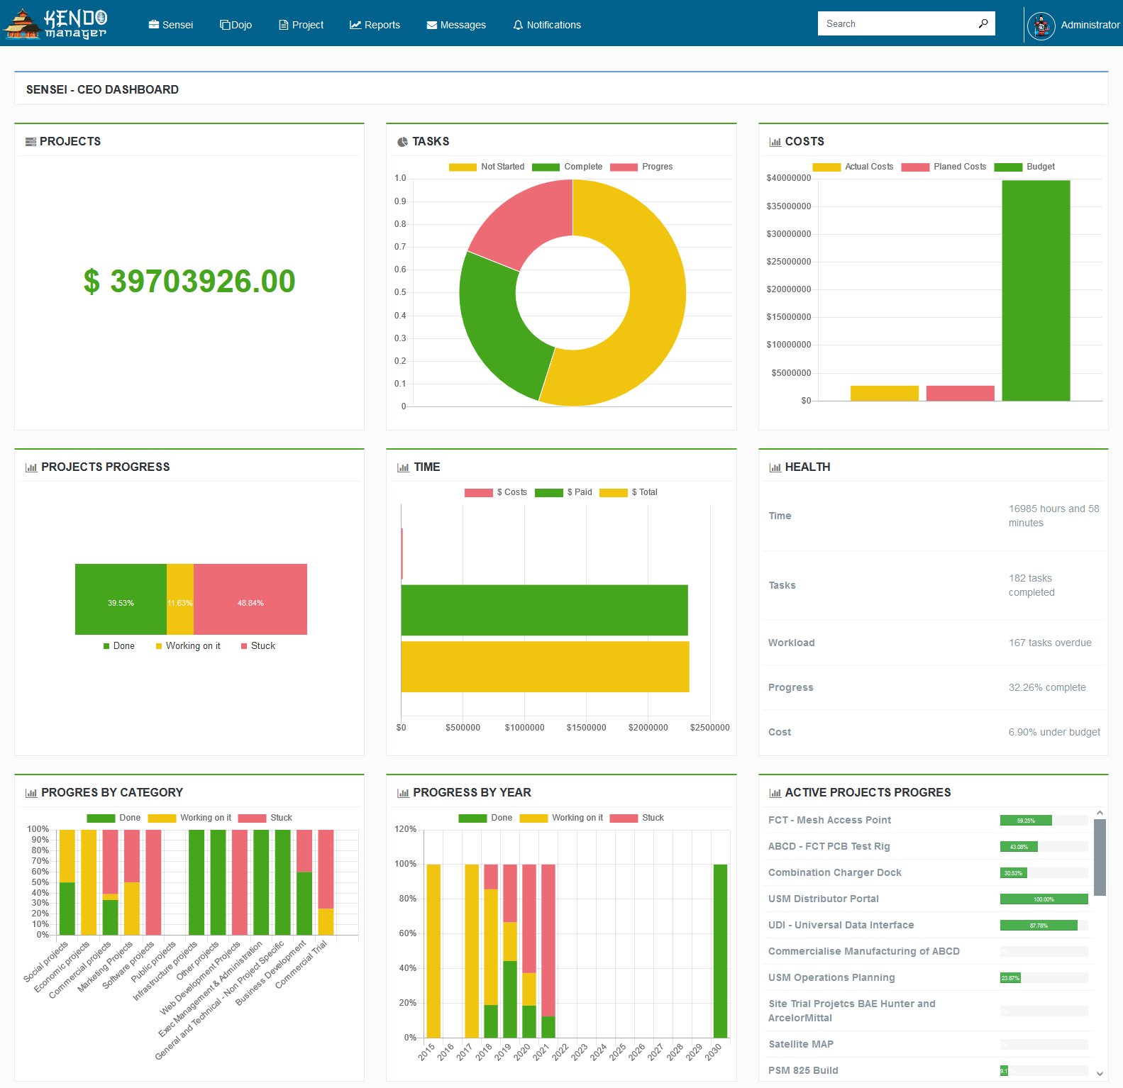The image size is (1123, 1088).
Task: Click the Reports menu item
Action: pos(375,25)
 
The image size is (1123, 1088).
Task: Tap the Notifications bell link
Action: pos(546,25)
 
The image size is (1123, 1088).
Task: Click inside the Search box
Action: pos(897,23)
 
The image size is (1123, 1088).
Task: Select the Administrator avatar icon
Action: pos(1041,26)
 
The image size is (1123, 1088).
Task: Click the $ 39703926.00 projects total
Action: pos(189,281)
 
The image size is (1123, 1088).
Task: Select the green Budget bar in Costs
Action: pos(1036,291)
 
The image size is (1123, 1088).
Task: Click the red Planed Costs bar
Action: pos(960,393)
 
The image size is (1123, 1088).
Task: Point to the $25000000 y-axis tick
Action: pos(788,262)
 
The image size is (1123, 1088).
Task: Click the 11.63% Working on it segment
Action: pos(179,599)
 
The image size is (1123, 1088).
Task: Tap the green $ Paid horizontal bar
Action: pos(544,610)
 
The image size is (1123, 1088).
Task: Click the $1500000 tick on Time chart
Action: pos(586,728)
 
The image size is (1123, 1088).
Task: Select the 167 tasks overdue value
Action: pos(1050,643)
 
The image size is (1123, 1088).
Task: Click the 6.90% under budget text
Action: pos(1054,732)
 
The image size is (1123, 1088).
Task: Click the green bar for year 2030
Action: pos(720,950)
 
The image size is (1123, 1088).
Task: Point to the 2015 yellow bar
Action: pos(433,950)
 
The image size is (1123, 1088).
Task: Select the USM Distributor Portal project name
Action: pos(823,899)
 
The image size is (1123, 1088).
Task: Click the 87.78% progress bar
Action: pos(1038,925)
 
